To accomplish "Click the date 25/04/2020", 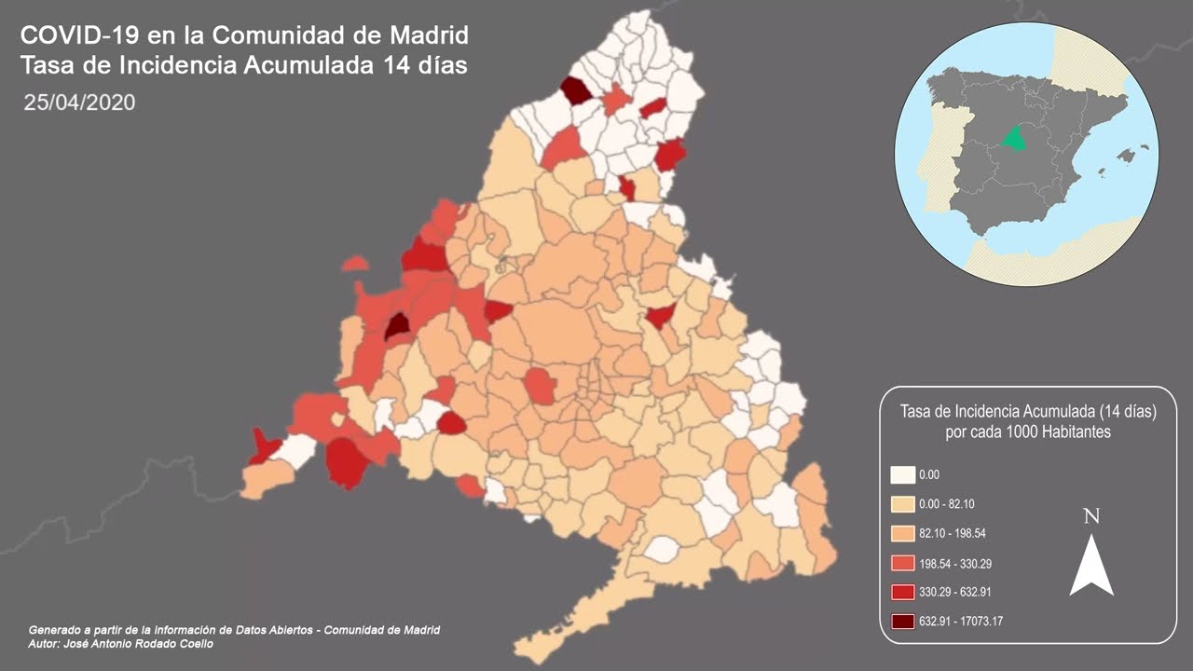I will (80, 103).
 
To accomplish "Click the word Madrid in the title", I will (427, 36).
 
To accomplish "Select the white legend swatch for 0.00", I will (902, 475).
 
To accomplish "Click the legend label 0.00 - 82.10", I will (947, 504).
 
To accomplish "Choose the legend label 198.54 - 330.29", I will (953, 563).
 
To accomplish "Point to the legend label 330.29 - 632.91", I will (953, 592).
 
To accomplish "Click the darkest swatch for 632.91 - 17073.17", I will (902, 622).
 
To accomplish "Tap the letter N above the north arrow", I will (1091, 517).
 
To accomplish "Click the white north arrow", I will (1091, 566).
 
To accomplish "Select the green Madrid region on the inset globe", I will (1014, 139).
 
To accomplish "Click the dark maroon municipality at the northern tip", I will (575, 90).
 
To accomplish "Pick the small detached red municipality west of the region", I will (354, 264).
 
